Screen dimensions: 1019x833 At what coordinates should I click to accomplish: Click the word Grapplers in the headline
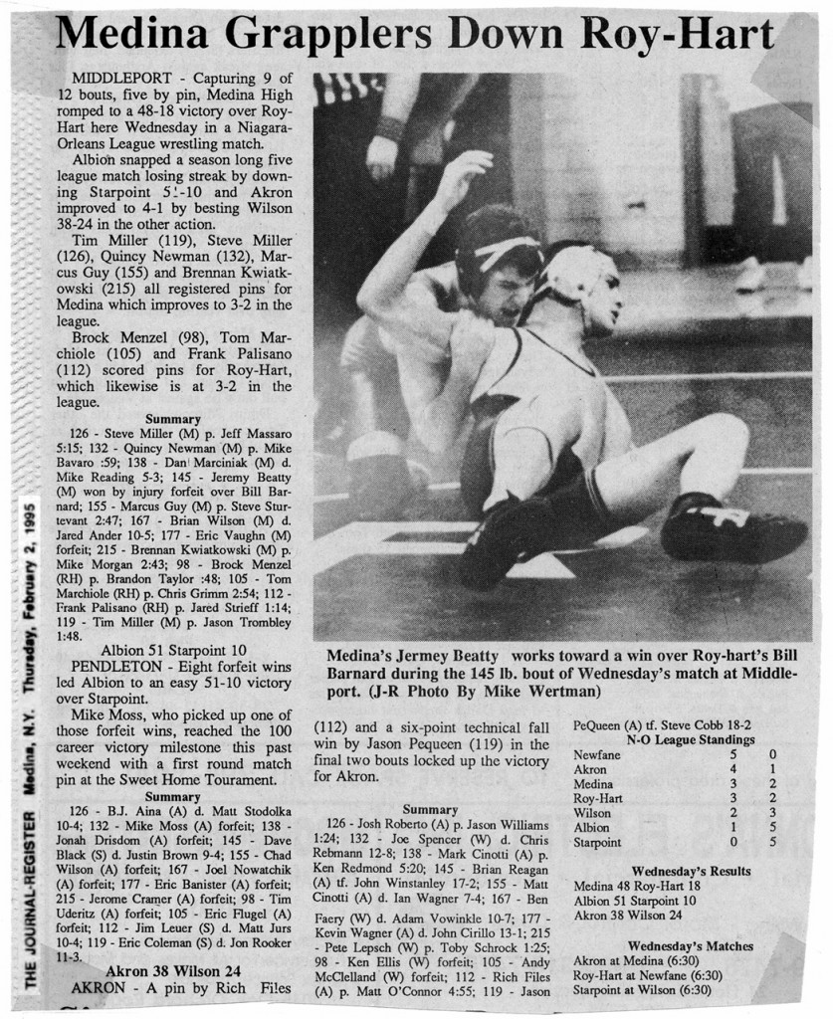[312, 36]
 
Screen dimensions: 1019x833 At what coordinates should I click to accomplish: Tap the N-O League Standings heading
[690, 740]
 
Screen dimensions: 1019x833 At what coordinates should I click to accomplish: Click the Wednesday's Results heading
[691, 872]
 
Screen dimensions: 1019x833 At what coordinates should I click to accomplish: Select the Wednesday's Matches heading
[690, 945]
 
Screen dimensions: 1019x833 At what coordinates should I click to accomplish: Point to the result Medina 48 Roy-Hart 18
[637, 887]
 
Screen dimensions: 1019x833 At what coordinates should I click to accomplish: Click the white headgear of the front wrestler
[575, 273]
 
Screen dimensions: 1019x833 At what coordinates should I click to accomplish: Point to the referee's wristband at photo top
[389, 128]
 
